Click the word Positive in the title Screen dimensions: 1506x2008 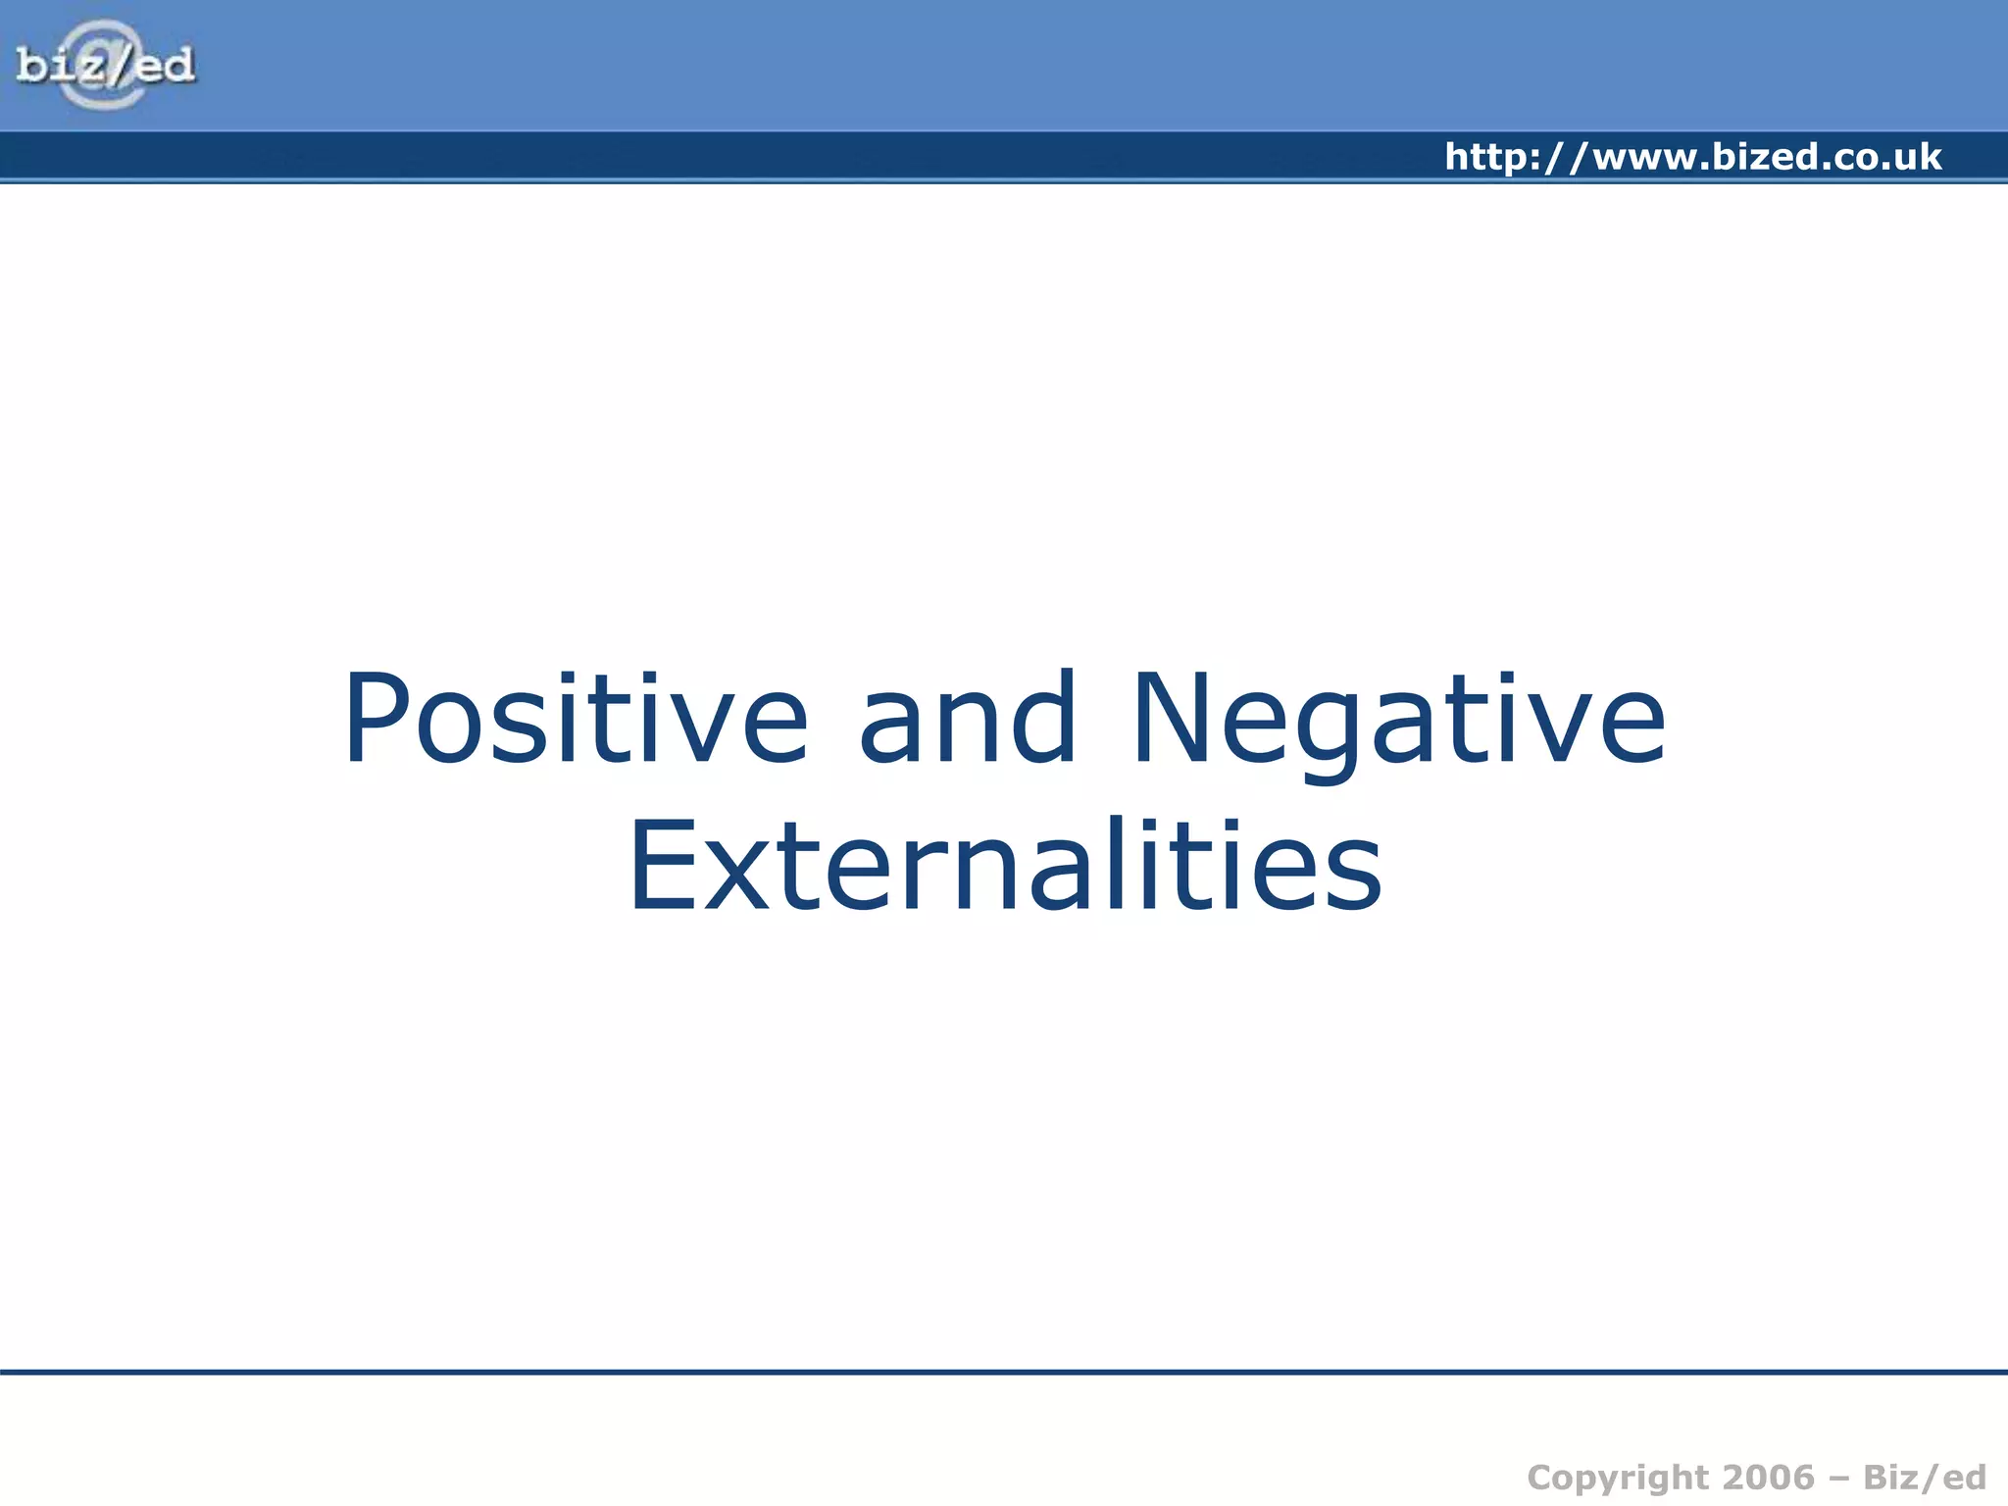click(576, 718)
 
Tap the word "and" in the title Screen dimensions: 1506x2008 click(968, 718)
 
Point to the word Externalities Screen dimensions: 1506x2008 click(1005, 866)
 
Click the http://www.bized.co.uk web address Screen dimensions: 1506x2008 click(1692, 157)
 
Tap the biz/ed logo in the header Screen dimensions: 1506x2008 click(106, 65)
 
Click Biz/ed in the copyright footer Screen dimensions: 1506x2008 click(1924, 1477)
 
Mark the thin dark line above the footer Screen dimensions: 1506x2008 click(1004, 1372)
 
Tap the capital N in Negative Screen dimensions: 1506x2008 click(1173, 718)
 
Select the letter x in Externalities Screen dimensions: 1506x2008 click(733, 878)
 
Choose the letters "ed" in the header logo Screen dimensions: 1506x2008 click(164, 66)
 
